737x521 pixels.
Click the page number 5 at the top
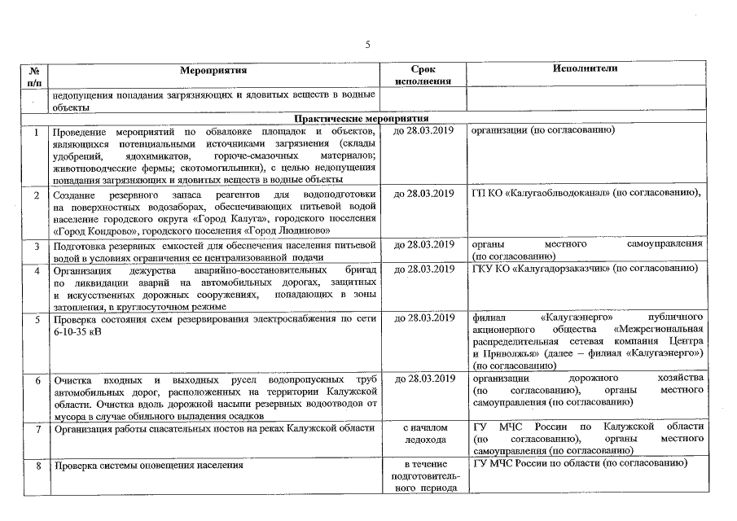(x=367, y=44)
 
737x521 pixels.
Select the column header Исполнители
(x=584, y=68)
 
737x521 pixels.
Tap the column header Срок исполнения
(x=423, y=75)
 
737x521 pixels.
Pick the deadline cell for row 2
(x=423, y=194)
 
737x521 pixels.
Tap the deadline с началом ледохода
(x=423, y=433)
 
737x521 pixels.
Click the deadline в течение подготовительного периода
(x=423, y=476)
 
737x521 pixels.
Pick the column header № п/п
(x=33, y=76)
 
